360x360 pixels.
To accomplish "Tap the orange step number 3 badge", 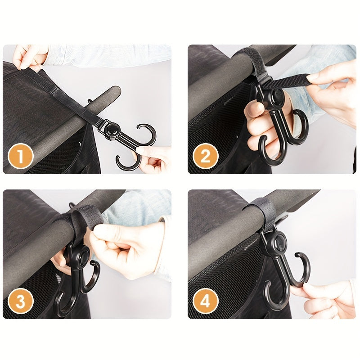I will pyautogui.click(x=21, y=302).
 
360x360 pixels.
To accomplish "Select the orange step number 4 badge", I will pyautogui.click(x=206, y=302).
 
